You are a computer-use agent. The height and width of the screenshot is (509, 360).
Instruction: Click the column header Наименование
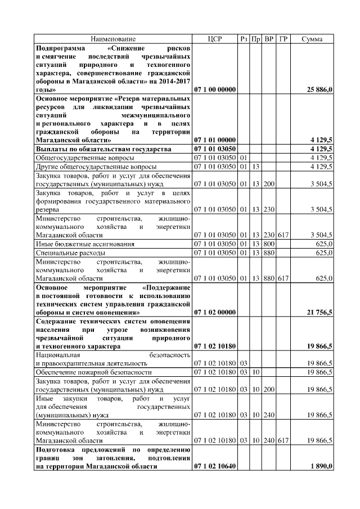point(113,39)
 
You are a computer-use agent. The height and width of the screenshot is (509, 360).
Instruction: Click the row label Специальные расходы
point(63,253)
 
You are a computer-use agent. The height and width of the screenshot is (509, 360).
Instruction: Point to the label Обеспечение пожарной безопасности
point(94,372)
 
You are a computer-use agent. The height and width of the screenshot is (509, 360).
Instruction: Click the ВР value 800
point(269,244)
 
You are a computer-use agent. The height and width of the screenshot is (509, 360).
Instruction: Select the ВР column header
point(269,39)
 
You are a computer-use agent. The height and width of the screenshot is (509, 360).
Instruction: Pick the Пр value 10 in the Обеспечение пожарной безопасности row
point(255,372)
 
